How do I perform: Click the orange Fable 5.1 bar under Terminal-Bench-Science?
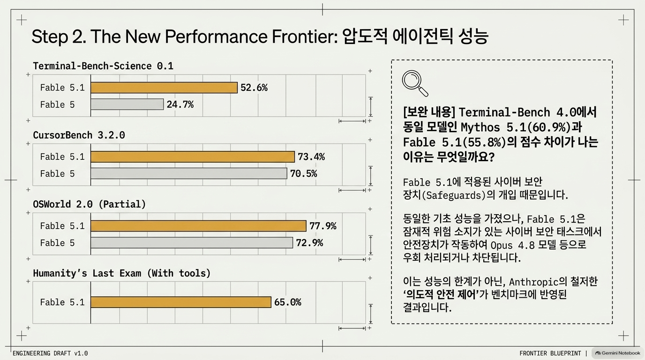click(164, 88)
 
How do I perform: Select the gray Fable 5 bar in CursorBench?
click(189, 173)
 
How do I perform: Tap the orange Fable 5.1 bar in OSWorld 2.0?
click(198, 226)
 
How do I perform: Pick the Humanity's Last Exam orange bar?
click(181, 302)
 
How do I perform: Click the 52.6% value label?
click(254, 88)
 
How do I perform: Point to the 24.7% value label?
click(180, 104)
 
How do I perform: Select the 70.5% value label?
click(303, 173)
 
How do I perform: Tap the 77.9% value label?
click(323, 226)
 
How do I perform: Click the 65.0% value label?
click(288, 302)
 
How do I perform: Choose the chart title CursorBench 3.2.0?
click(79, 135)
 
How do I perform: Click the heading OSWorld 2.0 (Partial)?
click(89, 204)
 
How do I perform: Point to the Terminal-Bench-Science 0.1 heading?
click(103, 66)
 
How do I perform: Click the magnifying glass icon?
click(415, 83)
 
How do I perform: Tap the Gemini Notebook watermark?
click(618, 353)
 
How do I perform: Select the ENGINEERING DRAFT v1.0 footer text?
click(50, 353)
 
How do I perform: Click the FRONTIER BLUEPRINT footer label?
click(550, 353)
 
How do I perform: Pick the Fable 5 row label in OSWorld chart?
click(57, 243)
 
